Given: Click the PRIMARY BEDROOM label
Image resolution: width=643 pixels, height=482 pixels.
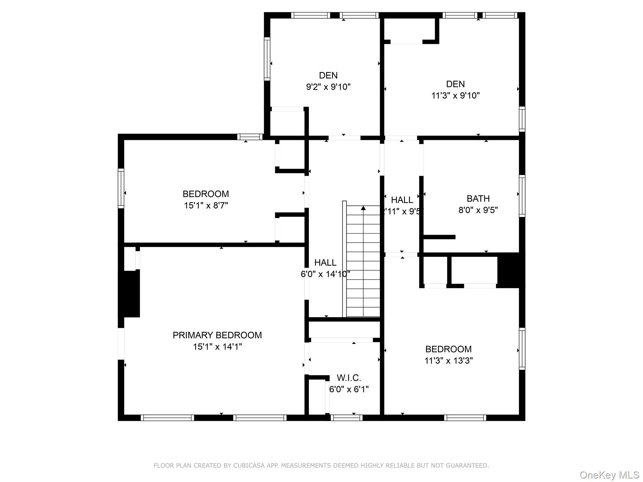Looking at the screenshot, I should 217,335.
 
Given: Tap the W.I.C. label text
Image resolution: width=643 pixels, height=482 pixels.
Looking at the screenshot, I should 349,378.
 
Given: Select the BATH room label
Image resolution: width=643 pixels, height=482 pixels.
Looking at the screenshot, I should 478,199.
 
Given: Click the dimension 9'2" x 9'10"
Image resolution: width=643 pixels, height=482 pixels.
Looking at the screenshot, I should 328,87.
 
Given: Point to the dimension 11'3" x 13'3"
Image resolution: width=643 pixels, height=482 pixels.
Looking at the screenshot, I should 448,361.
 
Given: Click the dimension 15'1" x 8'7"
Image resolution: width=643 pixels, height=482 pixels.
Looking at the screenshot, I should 206,206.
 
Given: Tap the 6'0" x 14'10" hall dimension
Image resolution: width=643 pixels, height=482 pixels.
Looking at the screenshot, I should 325,274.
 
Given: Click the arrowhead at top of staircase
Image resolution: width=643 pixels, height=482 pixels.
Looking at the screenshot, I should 363,208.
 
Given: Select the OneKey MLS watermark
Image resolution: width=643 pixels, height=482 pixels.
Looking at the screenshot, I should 609,475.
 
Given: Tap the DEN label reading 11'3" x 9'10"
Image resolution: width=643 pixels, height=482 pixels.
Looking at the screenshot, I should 455,84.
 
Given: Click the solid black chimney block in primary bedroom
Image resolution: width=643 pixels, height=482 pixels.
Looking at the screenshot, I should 129,294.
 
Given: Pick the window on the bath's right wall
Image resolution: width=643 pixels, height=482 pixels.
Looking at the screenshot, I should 522,196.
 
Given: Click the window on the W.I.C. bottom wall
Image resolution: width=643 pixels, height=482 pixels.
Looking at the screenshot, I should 346,418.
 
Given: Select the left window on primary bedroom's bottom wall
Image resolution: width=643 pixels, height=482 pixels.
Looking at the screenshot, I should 167,418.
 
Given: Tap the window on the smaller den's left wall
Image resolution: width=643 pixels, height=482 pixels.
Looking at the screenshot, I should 267,59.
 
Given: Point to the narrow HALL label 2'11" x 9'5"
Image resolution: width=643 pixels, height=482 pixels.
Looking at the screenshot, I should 402,200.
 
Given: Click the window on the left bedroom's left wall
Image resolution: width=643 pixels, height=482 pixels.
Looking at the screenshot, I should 121,188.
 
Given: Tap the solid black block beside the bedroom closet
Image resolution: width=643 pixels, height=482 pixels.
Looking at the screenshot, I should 511,270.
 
